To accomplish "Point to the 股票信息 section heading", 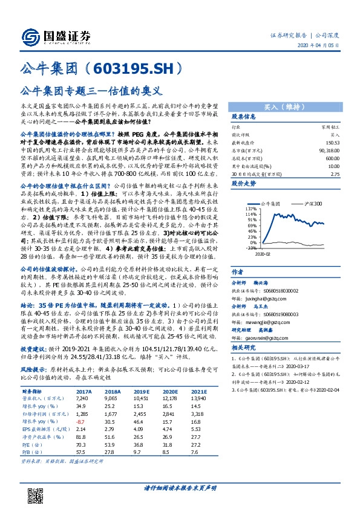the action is click(244, 117).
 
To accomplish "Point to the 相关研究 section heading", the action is click(244, 348).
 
